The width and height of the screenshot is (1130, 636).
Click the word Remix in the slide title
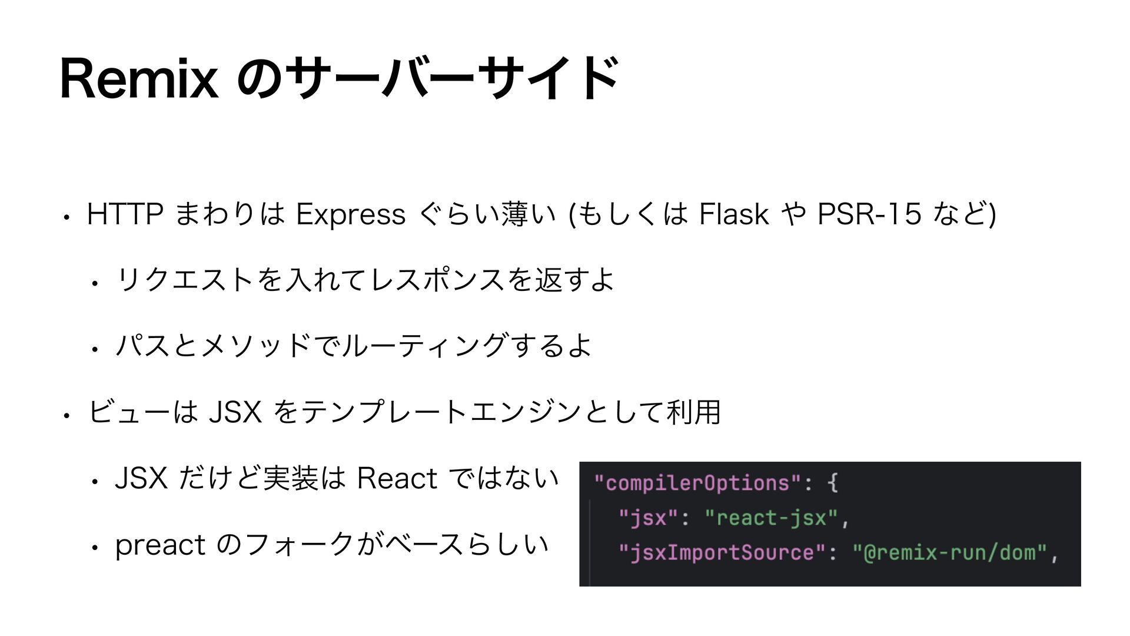tap(139, 79)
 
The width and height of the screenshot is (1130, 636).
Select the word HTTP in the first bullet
tap(125, 214)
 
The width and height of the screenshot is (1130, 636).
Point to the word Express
tap(351, 214)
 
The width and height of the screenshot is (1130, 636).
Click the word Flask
tap(733, 214)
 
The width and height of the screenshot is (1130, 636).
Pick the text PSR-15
tap(870, 214)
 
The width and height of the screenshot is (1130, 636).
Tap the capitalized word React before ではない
tap(397, 478)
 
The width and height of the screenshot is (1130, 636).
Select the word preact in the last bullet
tap(160, 544)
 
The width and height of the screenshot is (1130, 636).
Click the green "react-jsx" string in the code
tap(771, 518)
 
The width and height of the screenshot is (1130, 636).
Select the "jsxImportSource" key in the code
tap(723, 552)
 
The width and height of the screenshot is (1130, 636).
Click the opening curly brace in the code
tap(832, 483)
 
